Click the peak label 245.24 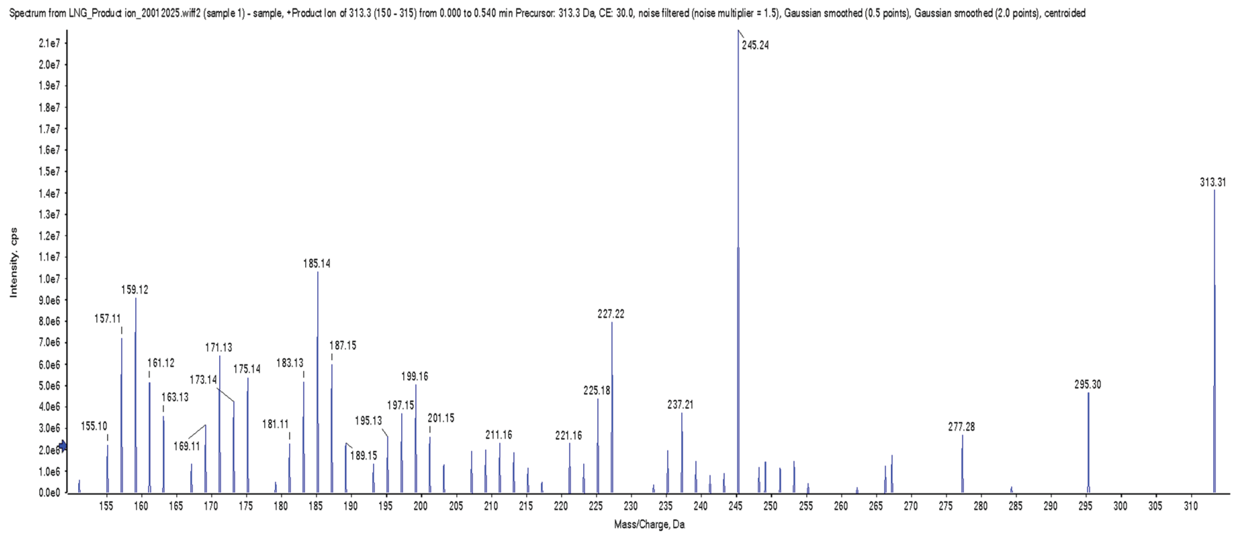tap(755, 45)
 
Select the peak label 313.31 tap(1212, 182)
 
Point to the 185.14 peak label tap(317, 263)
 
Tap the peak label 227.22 tap(611, 314)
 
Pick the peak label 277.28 tap(961, 427)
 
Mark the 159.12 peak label tap(135, 290)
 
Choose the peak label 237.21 tap(680, 404)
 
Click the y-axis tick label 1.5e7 tap(49, 172)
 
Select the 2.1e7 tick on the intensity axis tap(49, 43)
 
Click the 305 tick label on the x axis tap(1155, 506)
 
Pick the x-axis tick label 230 tap(630, 506)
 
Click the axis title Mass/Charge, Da tap(649, 524)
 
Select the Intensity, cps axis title tap(14, 262)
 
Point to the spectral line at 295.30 tap(1088, 442)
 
